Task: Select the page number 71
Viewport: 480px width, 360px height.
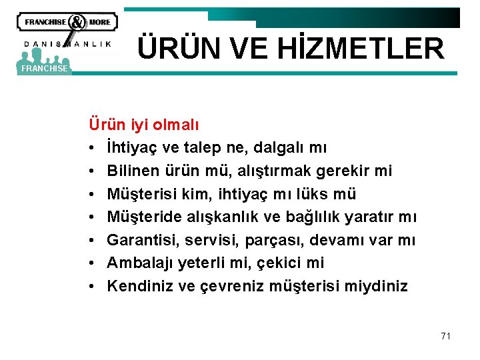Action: tap(445, 336)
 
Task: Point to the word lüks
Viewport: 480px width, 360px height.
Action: tap(320, 194)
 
